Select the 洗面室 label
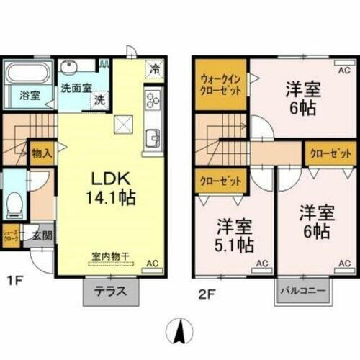point(76,89)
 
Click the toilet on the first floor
point(13,205)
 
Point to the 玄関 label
point(42,234)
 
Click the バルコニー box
point(304,292)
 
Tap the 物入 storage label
point(41,153)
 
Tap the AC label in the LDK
point(153,264)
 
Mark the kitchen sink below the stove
point(153,136)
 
